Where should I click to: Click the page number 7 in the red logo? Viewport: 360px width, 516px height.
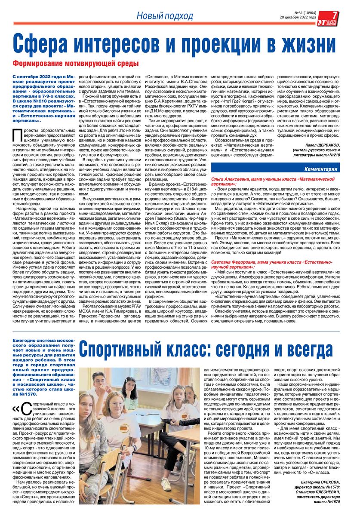click(335, 15)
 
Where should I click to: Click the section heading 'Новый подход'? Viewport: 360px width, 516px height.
click(165, 16)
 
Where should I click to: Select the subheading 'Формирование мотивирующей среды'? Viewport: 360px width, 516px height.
click(75, 64)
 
